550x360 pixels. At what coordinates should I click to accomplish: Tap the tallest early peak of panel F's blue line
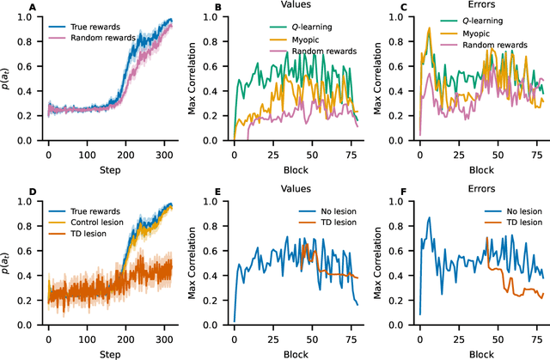[x=429, y=217]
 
